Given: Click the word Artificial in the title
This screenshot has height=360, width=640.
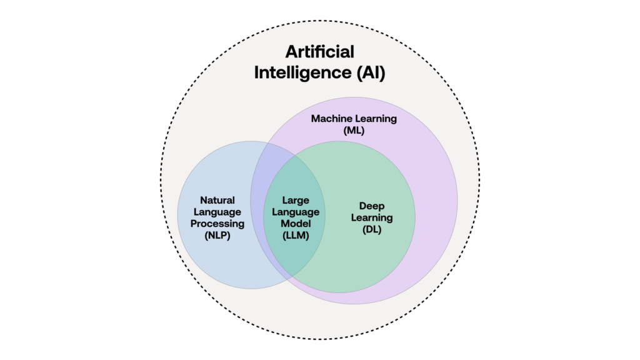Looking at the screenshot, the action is [319, 52].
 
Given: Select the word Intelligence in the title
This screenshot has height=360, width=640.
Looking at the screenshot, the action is [302, 73].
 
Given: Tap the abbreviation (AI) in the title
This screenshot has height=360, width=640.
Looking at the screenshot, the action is [371, 72].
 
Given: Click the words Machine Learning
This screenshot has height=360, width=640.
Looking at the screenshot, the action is [354, 119].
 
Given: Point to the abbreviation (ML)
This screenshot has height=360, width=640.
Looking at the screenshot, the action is [354, 131].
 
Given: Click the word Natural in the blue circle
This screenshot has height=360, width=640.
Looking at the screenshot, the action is [217, 201].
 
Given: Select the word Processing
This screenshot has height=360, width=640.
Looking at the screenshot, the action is [217, 224].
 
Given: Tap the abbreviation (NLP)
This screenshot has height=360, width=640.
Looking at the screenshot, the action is [217, 236].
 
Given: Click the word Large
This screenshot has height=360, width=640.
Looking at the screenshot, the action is [296, 201].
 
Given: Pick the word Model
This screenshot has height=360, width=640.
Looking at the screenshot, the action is [296, 224].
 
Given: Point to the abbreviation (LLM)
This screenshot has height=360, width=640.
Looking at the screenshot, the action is [296, 236].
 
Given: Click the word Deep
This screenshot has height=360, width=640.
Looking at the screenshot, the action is [371, 206].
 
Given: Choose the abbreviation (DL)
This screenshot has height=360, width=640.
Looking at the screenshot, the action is [371, 229].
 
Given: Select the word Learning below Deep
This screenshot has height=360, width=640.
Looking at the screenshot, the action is [371, 218].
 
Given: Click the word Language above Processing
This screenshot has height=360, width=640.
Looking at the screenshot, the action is [217, 212].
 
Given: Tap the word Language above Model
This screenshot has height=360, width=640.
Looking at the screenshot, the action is [296, 212].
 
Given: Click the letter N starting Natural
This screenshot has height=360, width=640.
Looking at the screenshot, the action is [204, 201].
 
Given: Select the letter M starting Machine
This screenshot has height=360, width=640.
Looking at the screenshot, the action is [316, 119].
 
